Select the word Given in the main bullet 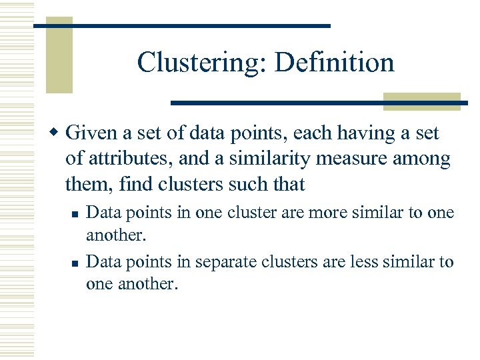click(93, 134)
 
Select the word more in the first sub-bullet click(323, 213)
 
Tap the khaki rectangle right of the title click(422, 101)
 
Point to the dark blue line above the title click(182, 25)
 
